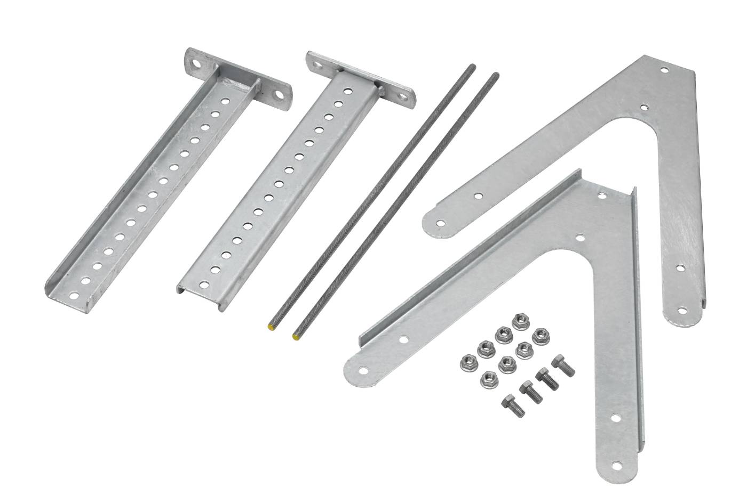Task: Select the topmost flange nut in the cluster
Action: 518,321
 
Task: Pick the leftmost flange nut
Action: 467,362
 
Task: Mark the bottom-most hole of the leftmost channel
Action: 74,294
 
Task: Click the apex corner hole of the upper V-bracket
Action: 663,70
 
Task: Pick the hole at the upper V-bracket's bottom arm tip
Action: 682,310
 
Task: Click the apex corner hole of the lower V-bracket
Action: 602,194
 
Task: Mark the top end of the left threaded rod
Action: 472,67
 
